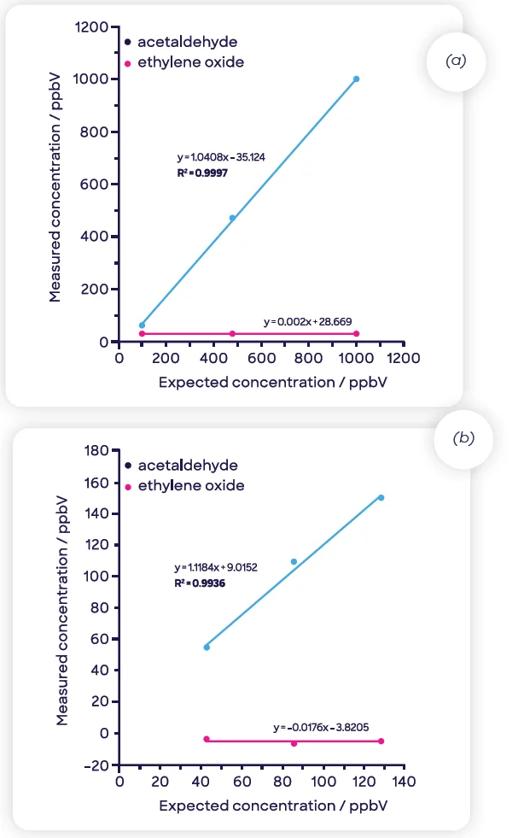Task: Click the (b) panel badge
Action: pos(462,438)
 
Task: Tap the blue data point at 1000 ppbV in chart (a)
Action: pos(356,79)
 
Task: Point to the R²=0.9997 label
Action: pos(201,172)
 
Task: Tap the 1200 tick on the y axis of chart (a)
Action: pos(96,27)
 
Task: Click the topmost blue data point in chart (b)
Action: pos(381,497)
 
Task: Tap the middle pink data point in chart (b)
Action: pos(294,743)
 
